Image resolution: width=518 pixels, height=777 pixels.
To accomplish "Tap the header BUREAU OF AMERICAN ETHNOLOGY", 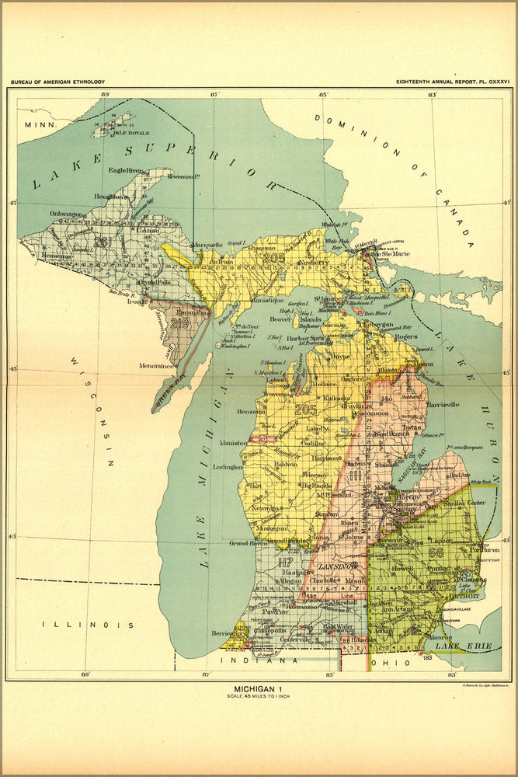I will point(57,82).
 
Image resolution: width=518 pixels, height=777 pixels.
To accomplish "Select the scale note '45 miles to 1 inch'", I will point(259,696).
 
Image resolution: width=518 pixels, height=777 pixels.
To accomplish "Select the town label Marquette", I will point(207,243).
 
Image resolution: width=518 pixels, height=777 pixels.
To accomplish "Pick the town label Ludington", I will point(228,468).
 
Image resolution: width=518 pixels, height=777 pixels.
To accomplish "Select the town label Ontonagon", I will point(47,214).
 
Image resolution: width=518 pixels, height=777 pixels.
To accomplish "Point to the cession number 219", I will point(180,323).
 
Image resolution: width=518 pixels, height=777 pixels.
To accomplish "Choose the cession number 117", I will point(287,562).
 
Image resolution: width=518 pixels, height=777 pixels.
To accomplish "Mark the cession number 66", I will point(435,552).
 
